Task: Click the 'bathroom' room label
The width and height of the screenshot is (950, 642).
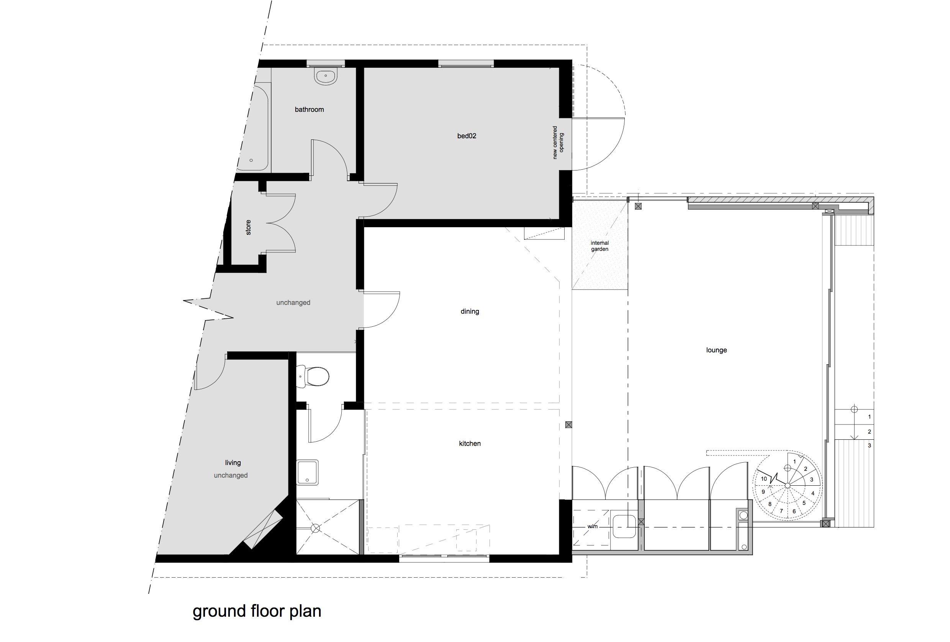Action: [309, 110]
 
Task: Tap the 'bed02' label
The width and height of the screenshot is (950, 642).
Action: [467, 136]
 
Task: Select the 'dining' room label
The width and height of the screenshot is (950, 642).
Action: [470, 311]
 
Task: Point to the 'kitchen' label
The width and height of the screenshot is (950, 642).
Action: [470, 444]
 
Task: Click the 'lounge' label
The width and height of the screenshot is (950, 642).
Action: [716, 350]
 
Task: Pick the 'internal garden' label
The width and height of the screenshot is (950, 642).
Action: [599, 246]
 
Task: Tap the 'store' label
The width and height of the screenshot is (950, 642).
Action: [248, 227]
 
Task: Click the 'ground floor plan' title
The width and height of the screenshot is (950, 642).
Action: [257, 611]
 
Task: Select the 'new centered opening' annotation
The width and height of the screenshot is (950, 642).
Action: [558, 142]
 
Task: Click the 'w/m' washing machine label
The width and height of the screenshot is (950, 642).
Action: [592, 526]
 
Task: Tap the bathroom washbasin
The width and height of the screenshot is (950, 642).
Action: [325, 76]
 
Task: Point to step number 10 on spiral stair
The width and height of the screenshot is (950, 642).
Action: [763, 479]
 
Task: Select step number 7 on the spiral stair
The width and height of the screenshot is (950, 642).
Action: [781, 511]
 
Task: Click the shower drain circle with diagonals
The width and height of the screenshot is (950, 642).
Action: [315, 528]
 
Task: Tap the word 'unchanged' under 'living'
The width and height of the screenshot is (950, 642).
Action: [231, 475]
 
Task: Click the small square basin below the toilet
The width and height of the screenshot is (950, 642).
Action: [307, 472]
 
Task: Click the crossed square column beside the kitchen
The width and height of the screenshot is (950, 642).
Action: [568, 425]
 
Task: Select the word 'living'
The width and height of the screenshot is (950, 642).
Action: [233, 463]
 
